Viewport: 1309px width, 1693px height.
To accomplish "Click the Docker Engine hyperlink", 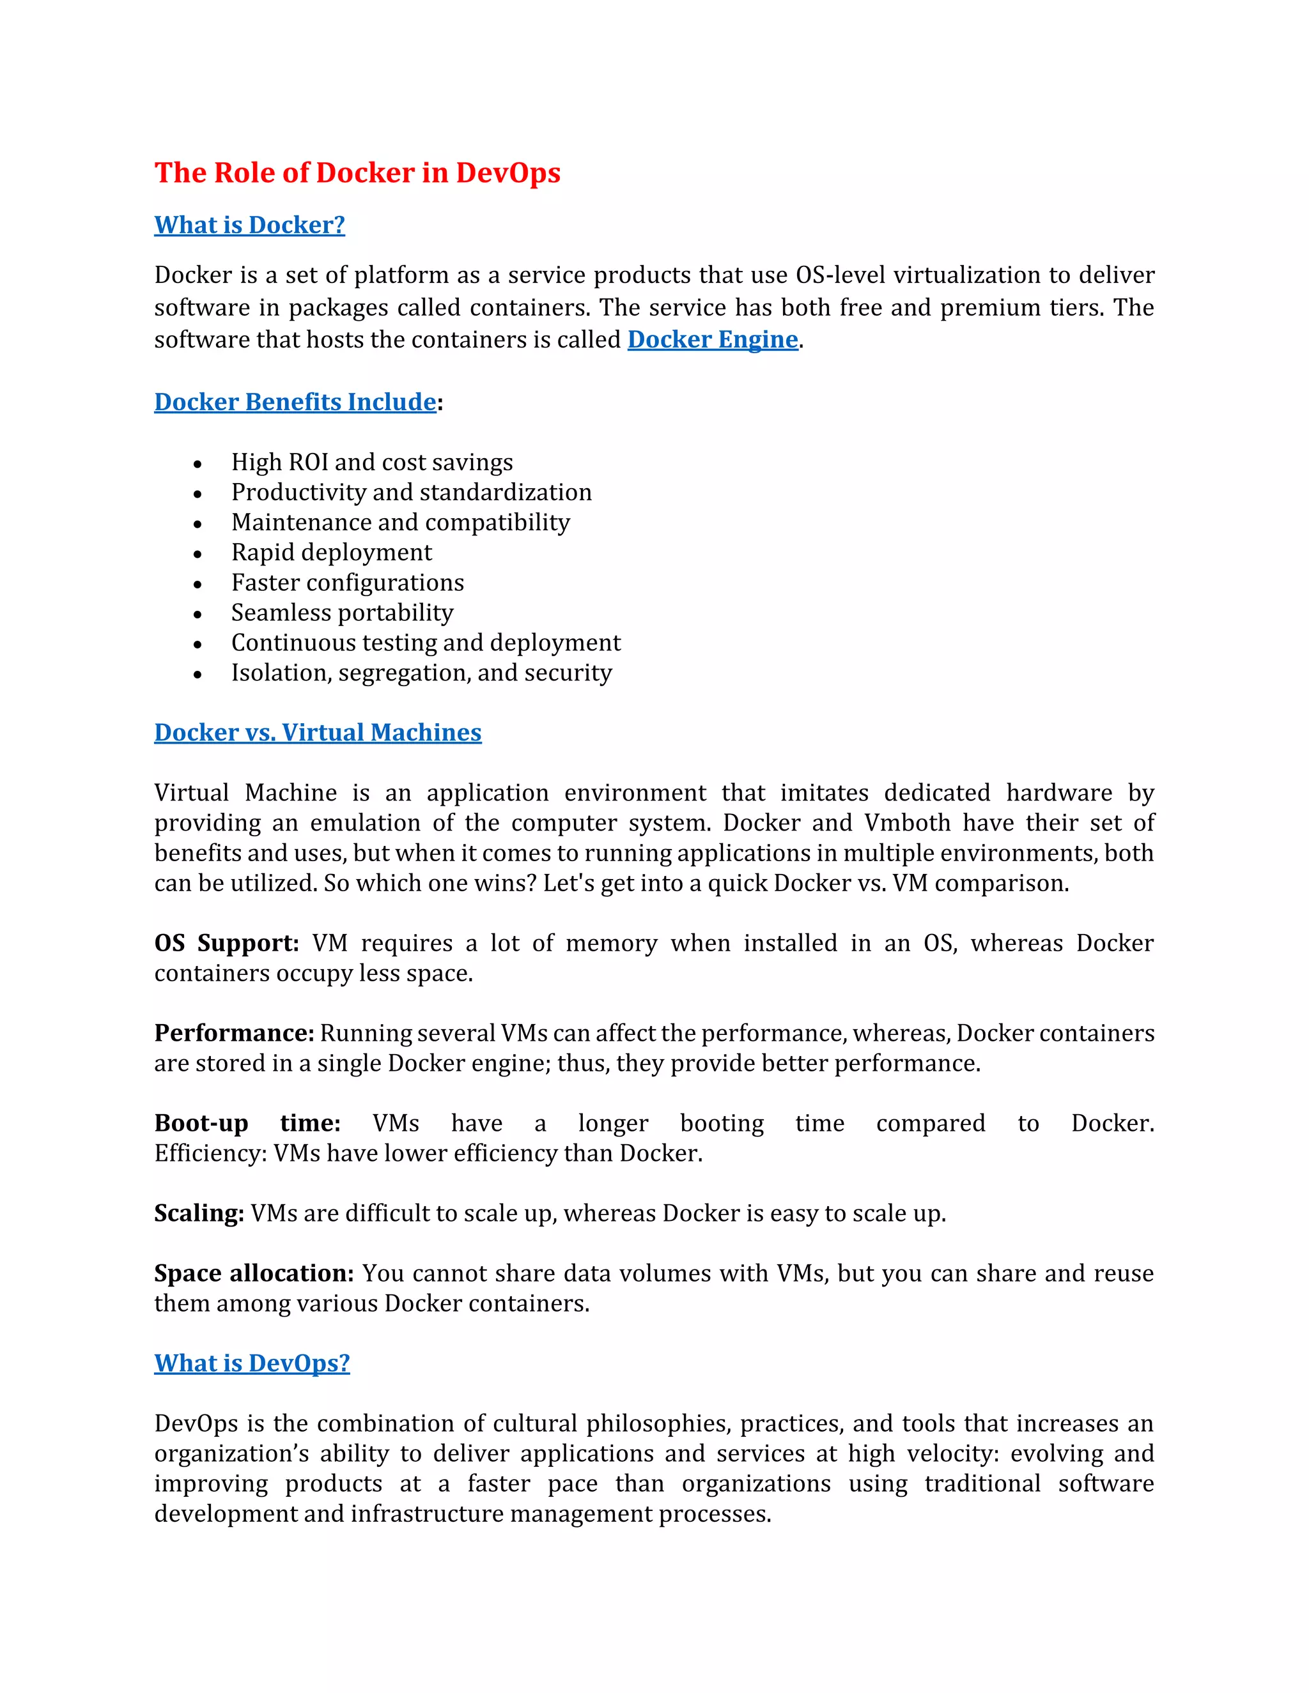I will pos(712,339).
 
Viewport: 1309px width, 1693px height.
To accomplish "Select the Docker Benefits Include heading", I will pos(295,402).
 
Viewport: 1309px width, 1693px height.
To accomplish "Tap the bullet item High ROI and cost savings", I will pos(371,462).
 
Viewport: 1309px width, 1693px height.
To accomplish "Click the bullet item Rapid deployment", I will pos(331,552).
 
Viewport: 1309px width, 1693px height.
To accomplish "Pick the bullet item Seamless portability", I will pos(342,613).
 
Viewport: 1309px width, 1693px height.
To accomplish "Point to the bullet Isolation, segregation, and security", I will pos(421,673).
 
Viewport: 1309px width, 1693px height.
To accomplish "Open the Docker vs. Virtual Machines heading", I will pos(317,733).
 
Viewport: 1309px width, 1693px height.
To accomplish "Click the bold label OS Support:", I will pos(226,944).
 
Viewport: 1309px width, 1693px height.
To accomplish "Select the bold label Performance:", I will pos(233,1033).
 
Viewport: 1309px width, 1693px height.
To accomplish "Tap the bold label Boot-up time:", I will pos(247,1123).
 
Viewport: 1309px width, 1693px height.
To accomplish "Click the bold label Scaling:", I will pos(199,1213).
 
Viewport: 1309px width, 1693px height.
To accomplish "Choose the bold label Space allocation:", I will pos(254,1274).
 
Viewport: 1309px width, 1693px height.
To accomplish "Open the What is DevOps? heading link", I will pos(251,1363).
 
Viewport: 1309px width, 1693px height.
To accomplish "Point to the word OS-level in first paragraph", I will pos(840,275).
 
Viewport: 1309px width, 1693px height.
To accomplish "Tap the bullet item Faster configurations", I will pos(348,582).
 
